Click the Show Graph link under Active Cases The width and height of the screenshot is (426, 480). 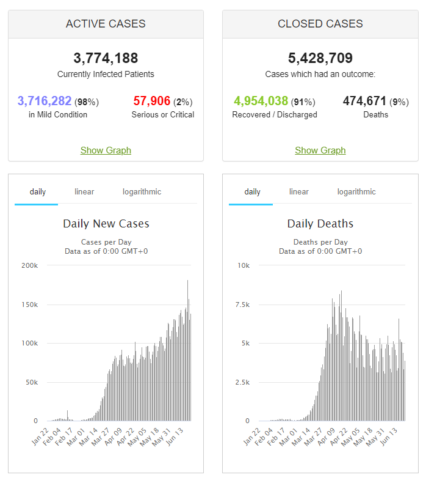106,150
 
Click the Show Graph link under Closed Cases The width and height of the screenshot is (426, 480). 320,150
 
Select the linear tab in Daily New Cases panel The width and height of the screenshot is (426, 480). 84,192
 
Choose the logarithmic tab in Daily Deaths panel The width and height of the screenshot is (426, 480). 356,192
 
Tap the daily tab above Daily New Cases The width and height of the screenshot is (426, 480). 38,192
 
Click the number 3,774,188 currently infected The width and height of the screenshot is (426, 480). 106,59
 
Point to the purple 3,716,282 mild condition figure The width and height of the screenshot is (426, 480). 45,101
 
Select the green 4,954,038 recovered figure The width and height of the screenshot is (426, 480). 261,101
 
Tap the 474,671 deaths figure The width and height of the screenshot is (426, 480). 364,101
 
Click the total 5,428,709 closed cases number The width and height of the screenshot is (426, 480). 320,59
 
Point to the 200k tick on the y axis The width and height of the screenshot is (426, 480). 29,265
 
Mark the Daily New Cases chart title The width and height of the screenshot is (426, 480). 106,224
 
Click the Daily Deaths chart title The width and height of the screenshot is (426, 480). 320,224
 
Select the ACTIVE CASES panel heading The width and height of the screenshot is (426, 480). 106,24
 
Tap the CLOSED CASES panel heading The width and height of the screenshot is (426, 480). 320,24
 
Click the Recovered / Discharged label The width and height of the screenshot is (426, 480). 275,115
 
